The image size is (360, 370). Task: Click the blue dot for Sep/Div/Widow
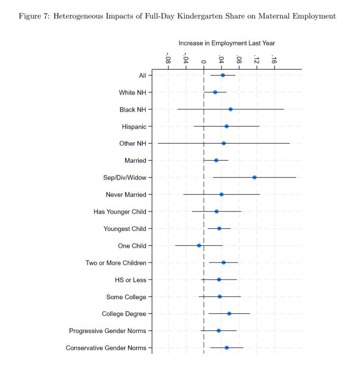click(x=254, y=178)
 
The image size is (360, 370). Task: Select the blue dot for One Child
click(x=199, y=246)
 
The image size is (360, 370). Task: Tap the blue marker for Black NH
click(x=231, y=109)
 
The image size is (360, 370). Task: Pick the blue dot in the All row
click(x=223, y=76)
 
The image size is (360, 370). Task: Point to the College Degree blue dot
click(x=229, y=314)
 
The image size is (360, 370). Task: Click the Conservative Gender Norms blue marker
click(x=227, y=348)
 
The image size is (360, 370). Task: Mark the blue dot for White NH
click(x=215, y=92)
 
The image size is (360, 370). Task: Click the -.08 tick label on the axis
click(x=168, y=58)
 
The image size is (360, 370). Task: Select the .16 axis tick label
click(x=274, y=59)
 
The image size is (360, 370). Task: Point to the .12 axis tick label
click(x=257, y=59)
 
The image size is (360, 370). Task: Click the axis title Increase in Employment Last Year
click(x=226, y=43)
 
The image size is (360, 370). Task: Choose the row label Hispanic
click(x=134, y=127)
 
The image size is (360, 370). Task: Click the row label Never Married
click(x=126, y=195)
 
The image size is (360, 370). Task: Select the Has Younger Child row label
click(x=120, y=212)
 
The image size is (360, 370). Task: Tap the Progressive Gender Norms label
click(x=108, y=331)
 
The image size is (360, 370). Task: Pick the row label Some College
click(x=126, y=297)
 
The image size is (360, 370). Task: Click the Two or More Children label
click(x=116, y=263)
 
